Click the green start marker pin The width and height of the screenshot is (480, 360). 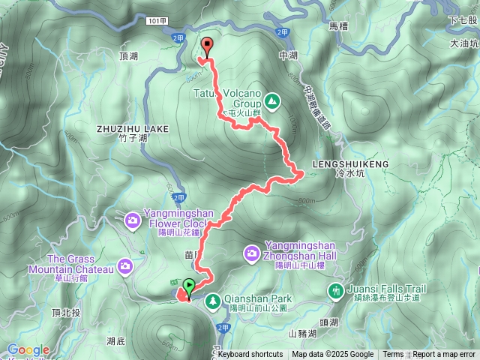point(188,286)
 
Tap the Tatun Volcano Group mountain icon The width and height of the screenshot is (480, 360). point(271,100)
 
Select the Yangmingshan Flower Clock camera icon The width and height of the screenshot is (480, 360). point(133,220)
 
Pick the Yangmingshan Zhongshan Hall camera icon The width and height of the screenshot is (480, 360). point(253,254)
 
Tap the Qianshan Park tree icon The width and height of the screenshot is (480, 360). point(212,299)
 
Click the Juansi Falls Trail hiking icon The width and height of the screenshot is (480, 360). point(336,289)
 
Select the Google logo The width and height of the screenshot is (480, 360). point(28,350)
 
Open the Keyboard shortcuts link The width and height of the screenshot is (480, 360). point(250,355)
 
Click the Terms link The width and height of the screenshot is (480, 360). point(393,355)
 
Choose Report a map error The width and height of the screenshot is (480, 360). point(445,355)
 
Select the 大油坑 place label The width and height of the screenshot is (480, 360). point(463,44)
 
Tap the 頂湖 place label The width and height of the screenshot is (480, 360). point(128,56)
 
